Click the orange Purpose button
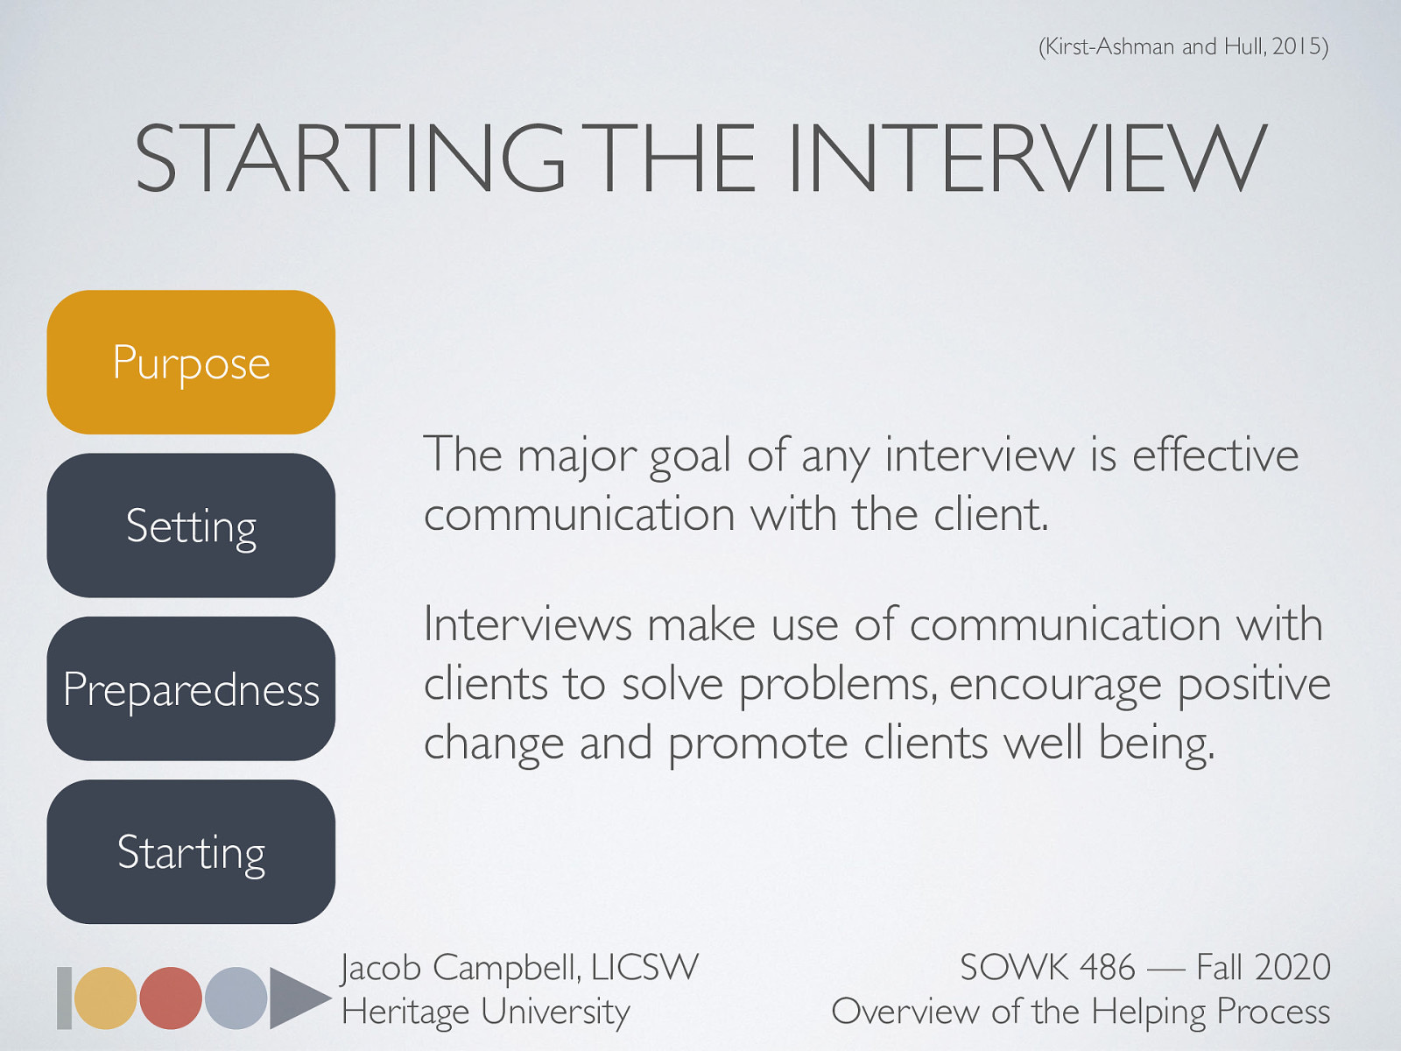point(191,363)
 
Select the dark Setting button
point(191,525)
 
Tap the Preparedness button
point(191,689)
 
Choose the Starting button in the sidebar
point(191,852)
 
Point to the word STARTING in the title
point(350,159)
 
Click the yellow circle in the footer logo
point(106,998)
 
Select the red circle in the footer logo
point(171,998)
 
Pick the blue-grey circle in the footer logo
point(236,998)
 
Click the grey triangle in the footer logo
point(296,998)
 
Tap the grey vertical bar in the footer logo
point(64,998)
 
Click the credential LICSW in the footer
point(644,968)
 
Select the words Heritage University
point(486,1012)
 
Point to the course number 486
point(1107,968)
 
